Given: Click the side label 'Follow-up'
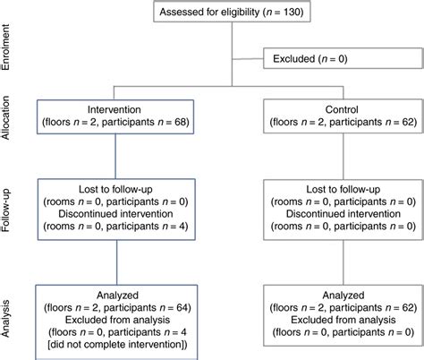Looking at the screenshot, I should pos(8,207).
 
